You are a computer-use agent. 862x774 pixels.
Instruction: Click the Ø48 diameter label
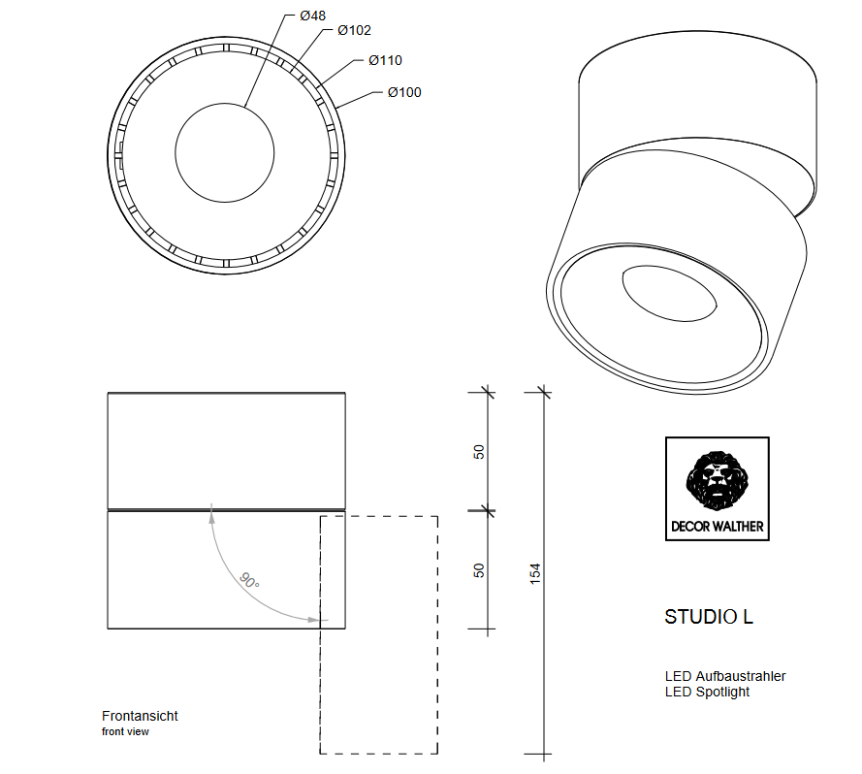[312, 16]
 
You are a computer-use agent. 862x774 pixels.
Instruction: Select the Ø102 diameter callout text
[354, 31]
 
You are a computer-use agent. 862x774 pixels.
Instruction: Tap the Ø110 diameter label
[385, 60]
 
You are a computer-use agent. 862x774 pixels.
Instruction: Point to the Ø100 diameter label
[403, 93]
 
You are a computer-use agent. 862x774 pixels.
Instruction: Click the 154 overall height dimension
[535, 572]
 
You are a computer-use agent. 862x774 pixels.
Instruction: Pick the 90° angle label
[250, 581]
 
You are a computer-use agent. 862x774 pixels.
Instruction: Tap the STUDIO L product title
[708, 617]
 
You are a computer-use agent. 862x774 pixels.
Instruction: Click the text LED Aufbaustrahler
[724, 676]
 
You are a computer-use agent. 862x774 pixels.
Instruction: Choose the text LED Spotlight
[707, 692]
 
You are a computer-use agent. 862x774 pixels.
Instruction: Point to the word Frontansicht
[140, 717]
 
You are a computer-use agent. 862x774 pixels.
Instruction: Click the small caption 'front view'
[125, 732]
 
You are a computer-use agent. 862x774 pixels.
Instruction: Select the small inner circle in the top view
[224, 151]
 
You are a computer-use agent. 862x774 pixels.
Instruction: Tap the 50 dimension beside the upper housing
[478, 452]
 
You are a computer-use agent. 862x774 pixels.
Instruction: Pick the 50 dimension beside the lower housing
[478, 570]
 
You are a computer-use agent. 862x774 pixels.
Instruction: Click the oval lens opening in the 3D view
[670, 292]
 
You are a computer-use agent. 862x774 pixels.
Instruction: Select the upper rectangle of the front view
[226, 450]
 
